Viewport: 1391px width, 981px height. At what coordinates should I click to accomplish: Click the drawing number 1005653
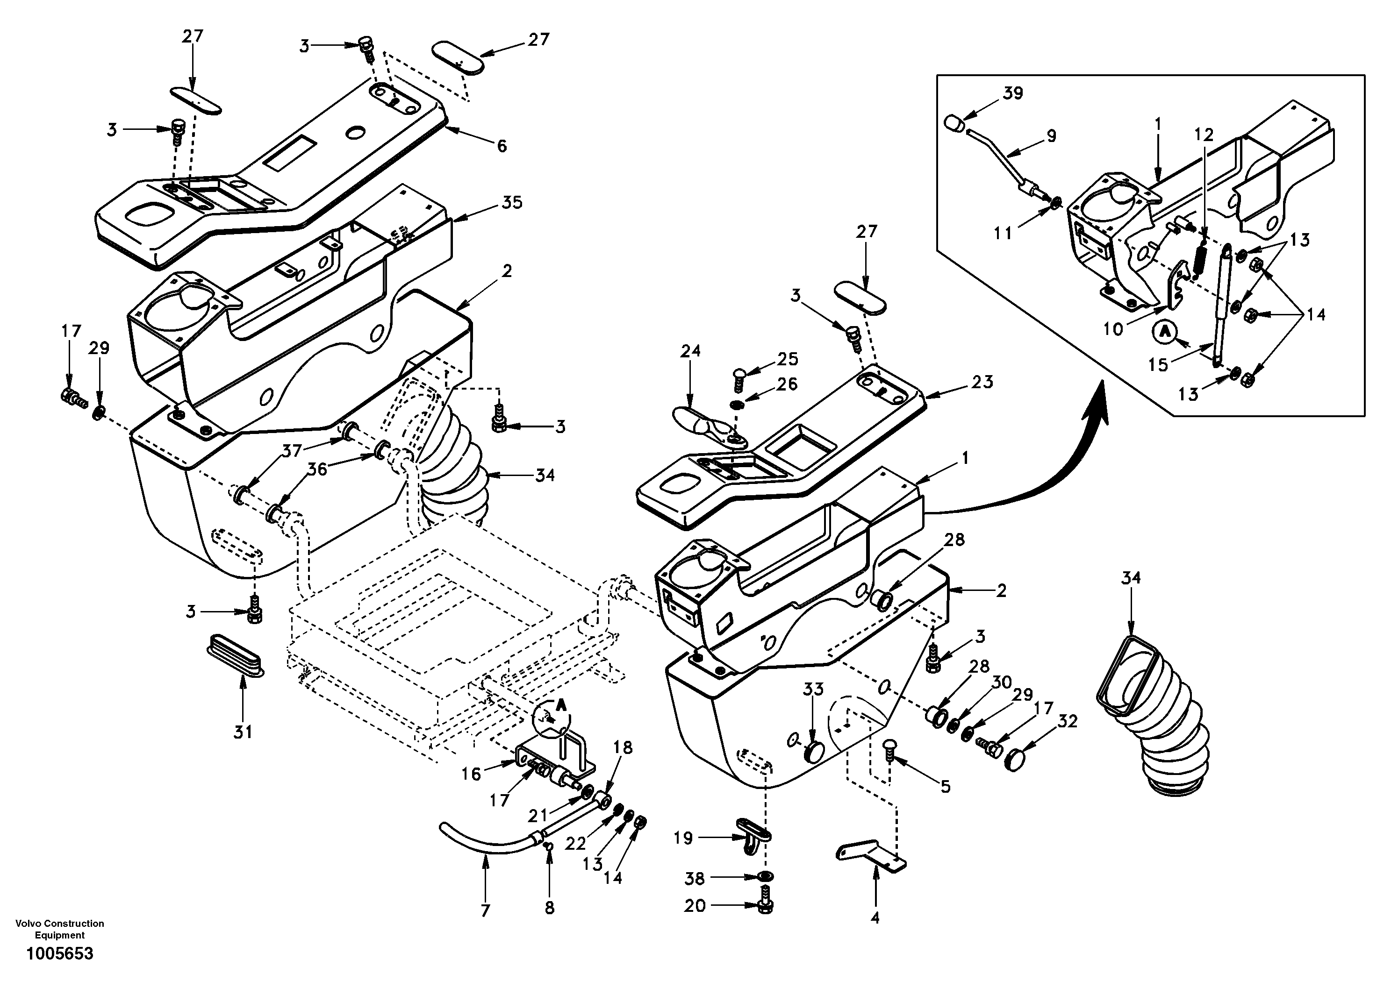[59, 954]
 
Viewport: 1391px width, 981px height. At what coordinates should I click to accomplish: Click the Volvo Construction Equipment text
[59, 929]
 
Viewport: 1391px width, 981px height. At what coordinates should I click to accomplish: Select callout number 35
[512, 202]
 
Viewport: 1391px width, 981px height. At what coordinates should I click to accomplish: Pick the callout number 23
[982, 382]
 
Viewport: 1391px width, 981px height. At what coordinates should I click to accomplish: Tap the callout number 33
[814, 689]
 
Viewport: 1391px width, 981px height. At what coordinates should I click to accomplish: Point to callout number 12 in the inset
[1205, 135]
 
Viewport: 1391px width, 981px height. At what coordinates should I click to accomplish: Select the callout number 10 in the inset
[1113, 329]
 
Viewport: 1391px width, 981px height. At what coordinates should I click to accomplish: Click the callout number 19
[683, 838]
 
